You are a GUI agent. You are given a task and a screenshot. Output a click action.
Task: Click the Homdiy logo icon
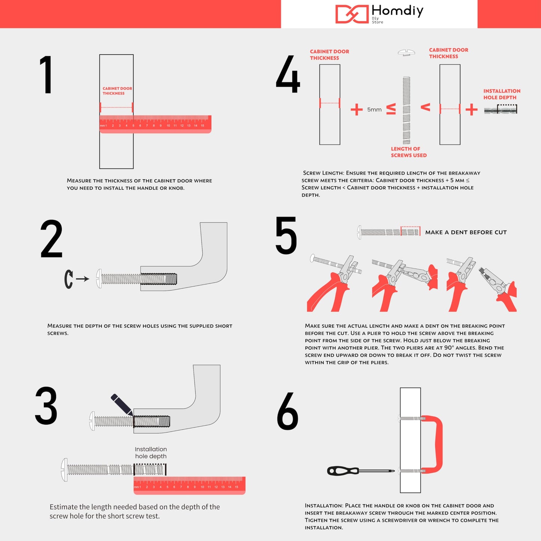(352, 14)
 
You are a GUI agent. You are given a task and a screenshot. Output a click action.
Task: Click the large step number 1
(46, 75)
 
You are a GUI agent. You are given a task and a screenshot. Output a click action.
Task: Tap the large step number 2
(51, 239)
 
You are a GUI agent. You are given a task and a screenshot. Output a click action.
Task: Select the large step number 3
(46, 406)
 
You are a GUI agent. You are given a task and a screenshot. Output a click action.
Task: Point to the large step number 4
(288, 74)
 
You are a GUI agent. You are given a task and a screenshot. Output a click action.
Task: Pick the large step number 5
(286, 235)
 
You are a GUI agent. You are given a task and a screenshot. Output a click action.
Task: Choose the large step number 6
(288, 411)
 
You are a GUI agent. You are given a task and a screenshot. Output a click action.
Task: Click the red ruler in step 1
(155, 124)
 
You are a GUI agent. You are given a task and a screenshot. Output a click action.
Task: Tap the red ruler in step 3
(189, 486)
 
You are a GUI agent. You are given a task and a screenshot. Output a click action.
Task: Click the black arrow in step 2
(82, 279)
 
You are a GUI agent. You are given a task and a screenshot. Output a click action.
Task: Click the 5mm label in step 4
(374, 110)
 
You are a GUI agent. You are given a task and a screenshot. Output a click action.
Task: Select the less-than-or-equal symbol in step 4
(391, 109)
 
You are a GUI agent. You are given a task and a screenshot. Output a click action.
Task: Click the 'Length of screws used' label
(408, 152)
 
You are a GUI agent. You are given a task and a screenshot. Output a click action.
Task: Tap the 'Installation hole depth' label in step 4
(501, 94)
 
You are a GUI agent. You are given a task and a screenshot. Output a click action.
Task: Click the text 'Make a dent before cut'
(466, 232)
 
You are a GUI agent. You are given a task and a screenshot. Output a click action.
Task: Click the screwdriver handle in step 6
(343, 471)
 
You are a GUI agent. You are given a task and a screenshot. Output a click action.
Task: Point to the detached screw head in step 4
(406, 52)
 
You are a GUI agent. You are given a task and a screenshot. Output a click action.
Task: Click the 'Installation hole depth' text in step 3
(151, 453)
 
